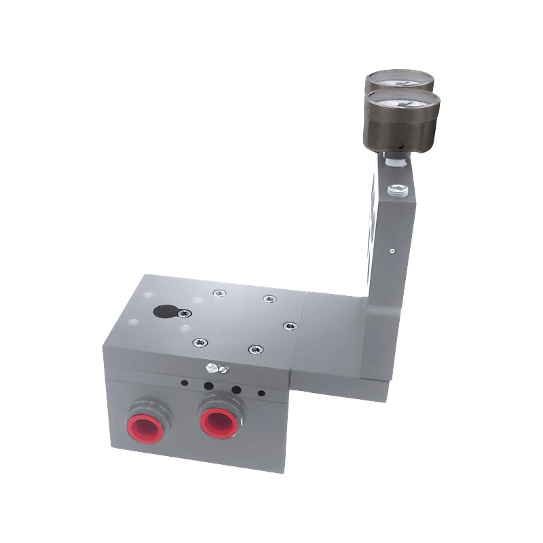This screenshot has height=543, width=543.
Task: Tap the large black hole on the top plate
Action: click(164, 312)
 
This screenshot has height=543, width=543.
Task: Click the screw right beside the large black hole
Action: click(183, 313)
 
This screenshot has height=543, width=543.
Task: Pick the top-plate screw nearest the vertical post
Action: click(290, 326)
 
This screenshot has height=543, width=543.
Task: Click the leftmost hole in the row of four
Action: click(184, 383)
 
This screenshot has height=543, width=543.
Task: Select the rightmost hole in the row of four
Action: click(261, 393)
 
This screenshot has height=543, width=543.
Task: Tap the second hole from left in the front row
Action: click(208, 386)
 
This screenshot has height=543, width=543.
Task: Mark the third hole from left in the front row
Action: click(236, 390)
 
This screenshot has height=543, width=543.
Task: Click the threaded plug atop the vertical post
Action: click(398, 190)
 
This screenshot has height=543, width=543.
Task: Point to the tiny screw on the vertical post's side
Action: click(392, 250)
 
